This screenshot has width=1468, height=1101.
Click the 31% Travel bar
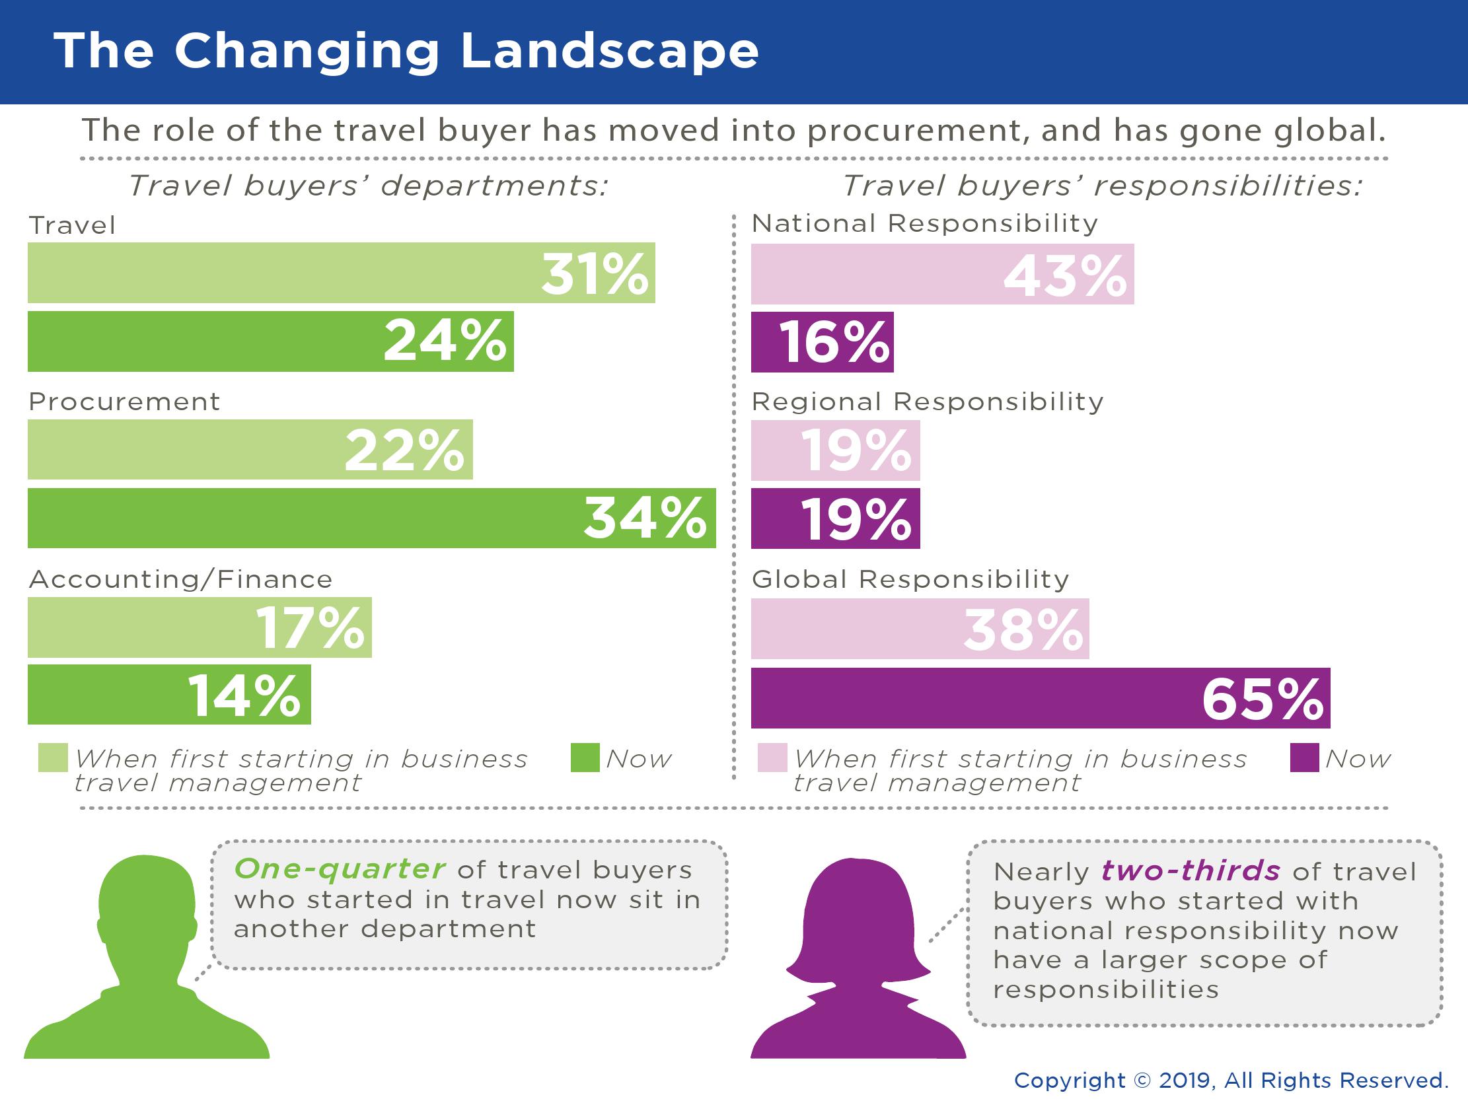coord(341,273)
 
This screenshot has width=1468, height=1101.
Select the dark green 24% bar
coord(270,341)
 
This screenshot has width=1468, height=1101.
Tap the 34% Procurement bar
coord(372,518)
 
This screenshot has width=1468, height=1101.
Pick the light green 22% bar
coord(250,449)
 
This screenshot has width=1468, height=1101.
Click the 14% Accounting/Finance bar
coord(168,694)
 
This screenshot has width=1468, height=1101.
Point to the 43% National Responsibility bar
coord(941,274)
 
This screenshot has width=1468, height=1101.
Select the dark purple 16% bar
coord(822,341)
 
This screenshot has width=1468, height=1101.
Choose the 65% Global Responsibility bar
coord(1040,698)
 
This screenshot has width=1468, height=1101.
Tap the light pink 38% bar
coord(919,629)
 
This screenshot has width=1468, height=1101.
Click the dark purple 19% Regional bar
coord(835,518)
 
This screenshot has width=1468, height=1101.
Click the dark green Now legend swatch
coord(585,758)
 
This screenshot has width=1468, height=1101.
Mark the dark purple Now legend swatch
coord(1304,758)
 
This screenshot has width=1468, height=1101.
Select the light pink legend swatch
coord(772,758)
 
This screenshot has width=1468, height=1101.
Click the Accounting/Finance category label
coord(180,579)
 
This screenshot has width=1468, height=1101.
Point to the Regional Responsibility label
coord(927,402)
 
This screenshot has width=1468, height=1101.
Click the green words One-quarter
coord(339,869)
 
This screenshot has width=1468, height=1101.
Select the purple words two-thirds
coord(1190,870)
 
